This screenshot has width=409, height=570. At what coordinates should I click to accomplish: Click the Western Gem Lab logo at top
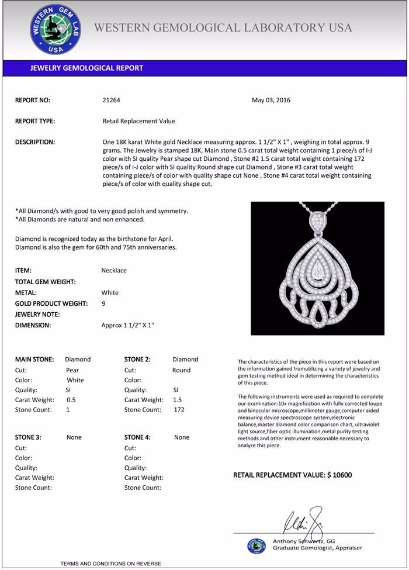click(x=56, y=29)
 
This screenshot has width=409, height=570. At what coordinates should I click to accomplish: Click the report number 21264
click(x=111, y=100)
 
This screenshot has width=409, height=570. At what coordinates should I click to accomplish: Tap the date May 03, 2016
click(x=271, y=100)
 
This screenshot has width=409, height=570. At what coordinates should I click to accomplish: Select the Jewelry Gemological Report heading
click(x=86, y=68)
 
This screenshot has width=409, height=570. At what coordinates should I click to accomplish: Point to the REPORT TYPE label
click(x=35, y=121)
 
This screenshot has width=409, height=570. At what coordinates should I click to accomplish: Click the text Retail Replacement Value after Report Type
click(x=138, y=121)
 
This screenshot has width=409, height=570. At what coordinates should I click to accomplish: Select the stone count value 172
click(x=179, y=410)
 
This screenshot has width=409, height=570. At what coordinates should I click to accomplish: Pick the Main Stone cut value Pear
click(x=72, y=370)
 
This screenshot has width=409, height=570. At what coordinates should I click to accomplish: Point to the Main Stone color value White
click(x=76, y=380)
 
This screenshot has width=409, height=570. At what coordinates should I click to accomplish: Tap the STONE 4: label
click(x=137, y=437)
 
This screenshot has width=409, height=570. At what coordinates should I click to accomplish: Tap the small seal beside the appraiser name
click(x=256, y=546)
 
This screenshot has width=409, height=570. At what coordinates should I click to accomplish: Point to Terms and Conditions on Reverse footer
click(x=110, y=564)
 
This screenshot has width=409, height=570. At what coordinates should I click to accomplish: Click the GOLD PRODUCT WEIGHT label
click(x=51, y=303)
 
